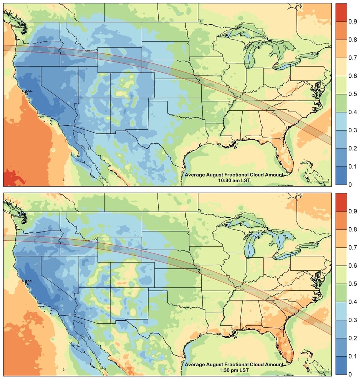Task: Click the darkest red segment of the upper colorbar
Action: tap(341, 12)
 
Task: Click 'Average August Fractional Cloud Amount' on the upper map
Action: tap(234, 175)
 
